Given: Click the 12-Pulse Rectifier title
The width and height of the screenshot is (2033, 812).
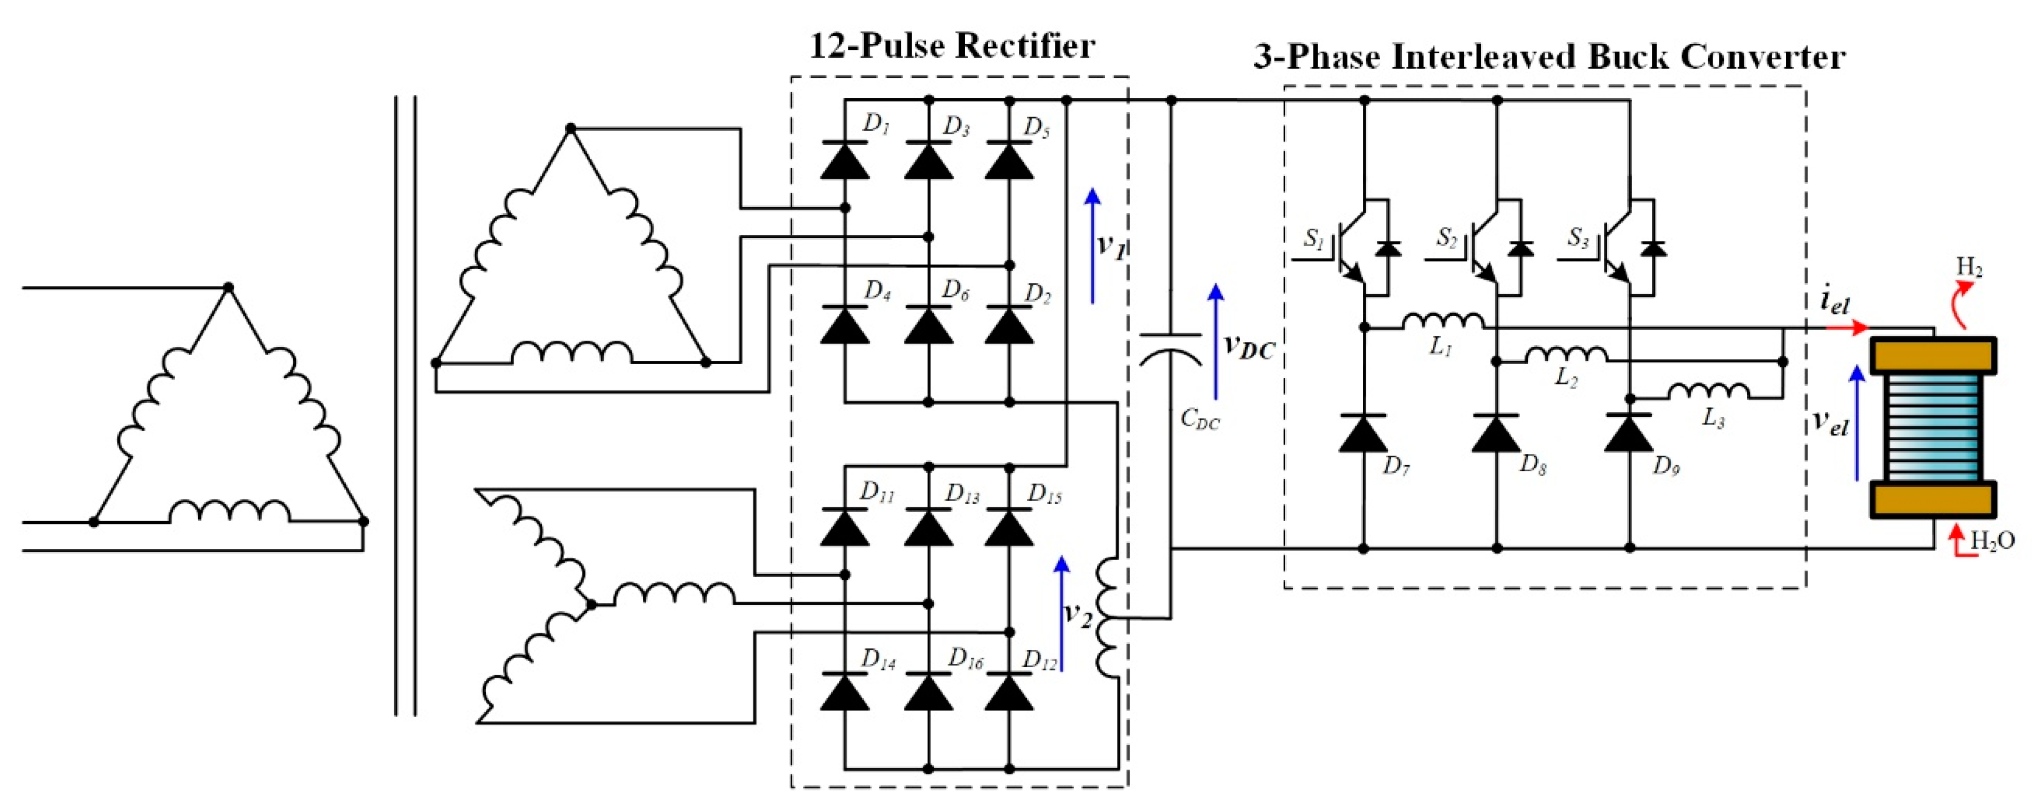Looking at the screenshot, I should point(953,46).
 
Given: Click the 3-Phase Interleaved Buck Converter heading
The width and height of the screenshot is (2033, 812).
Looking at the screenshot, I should point(1548,57).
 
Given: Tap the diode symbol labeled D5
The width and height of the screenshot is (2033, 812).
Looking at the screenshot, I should point(1009,161).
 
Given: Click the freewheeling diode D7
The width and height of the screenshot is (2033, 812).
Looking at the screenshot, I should point(1363,433).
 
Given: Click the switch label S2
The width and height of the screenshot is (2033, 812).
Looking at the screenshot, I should point(1446,238).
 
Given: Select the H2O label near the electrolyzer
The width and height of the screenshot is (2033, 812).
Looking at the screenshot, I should point(1992,541).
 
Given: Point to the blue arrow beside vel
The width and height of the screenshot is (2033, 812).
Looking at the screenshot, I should point(1858,422).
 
